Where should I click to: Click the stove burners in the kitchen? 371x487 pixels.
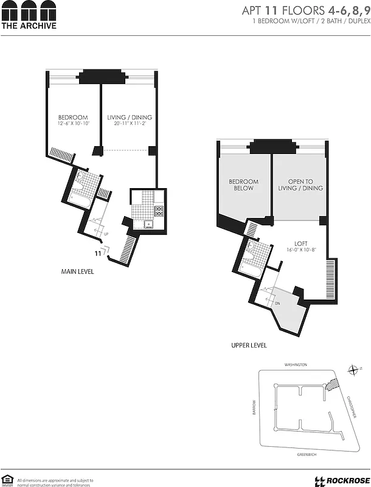point(159,211)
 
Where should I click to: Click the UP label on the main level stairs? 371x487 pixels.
point(107,233)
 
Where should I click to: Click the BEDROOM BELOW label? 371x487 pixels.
point(243,185)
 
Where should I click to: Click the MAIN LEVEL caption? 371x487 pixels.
point(77,272)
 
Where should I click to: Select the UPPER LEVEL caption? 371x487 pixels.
point(249,345)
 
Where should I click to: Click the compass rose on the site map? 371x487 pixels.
point(355,370)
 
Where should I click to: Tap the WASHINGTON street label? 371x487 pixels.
point(296,365)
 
